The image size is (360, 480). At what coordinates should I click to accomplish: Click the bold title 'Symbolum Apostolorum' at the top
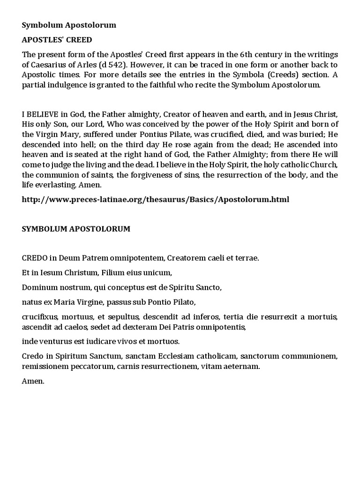pyautogui.click(x=69, y=25)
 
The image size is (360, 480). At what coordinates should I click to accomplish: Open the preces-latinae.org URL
pyautogui.click(x=156, y=199)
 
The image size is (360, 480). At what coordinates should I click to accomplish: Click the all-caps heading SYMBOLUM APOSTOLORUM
pyautogui.click(x=76, y=229)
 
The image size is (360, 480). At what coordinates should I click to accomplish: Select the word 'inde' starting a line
pyautogui.click(x=30, y=341)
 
